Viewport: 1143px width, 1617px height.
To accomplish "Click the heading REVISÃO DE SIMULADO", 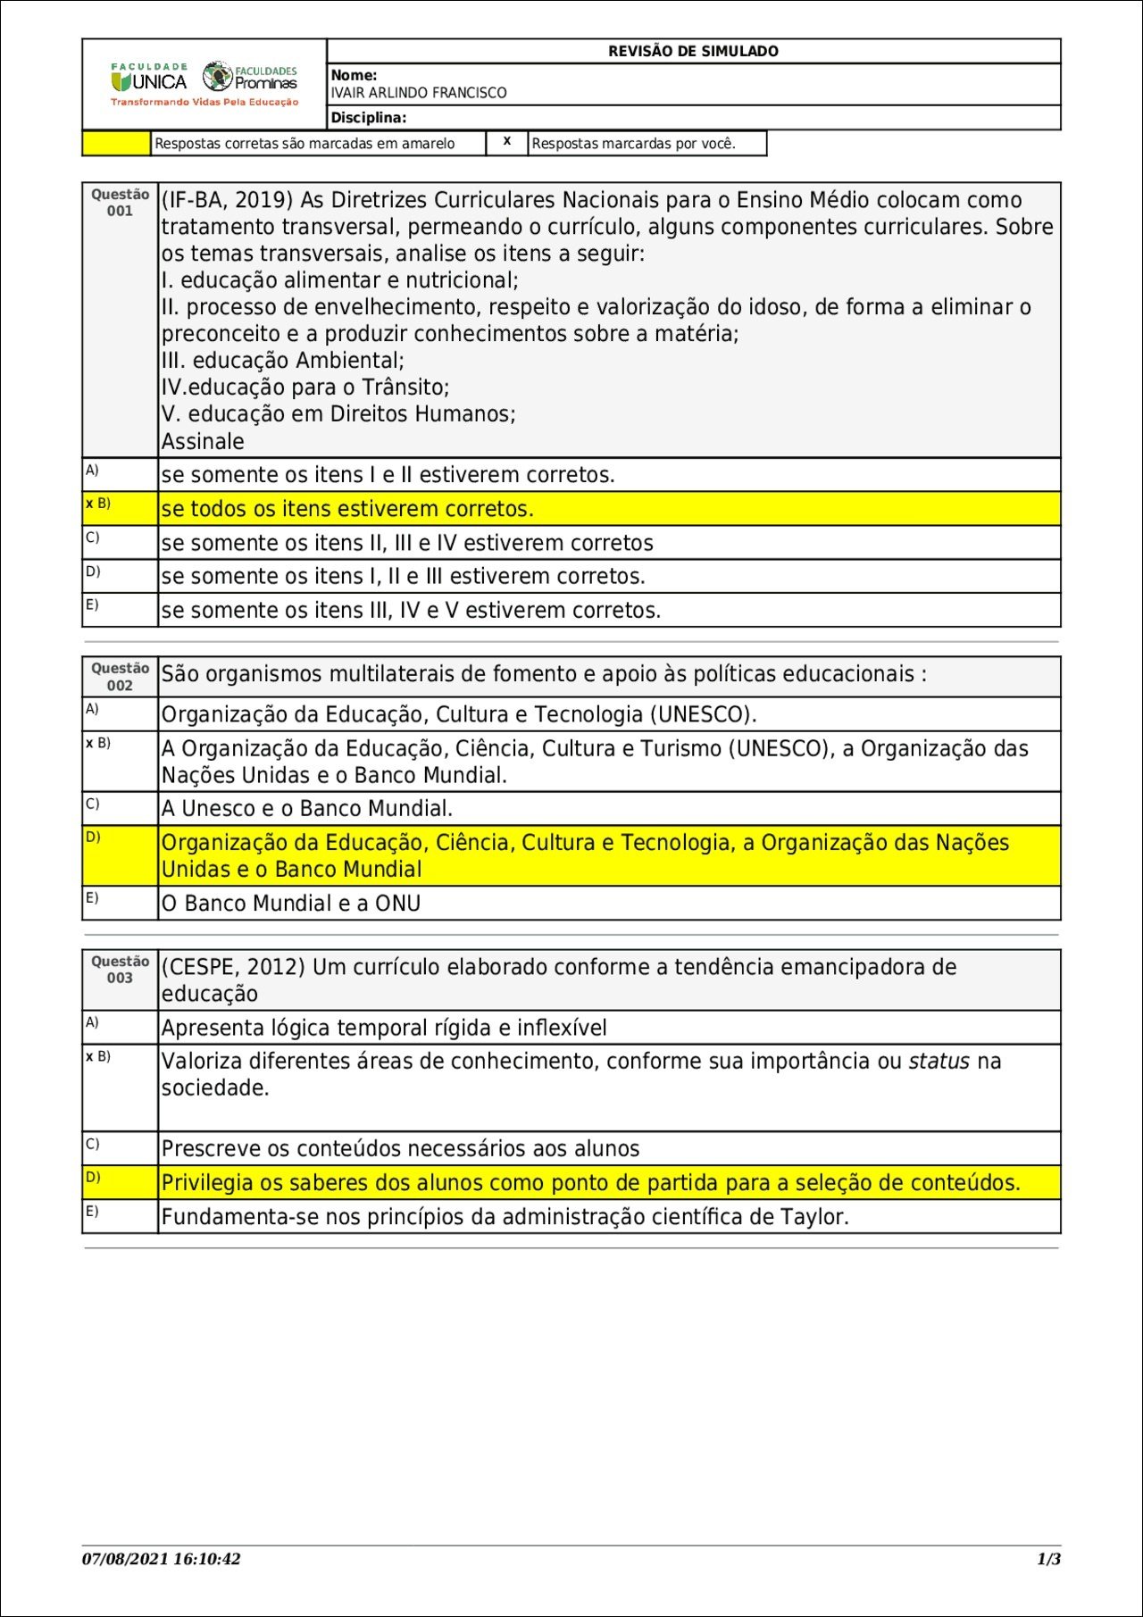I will click(x=693, y=52).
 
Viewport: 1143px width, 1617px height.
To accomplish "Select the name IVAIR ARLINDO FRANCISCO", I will click(x=418, y=93).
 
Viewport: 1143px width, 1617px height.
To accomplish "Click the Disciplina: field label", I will click(x=368, y=118).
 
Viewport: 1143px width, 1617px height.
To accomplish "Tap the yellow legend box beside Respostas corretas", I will click(x=116, y=144).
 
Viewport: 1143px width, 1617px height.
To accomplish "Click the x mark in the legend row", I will click(x=506, y=141).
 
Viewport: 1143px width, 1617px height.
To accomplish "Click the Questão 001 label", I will click(x=120, y=203).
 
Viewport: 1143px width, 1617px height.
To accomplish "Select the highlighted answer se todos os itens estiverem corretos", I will click(x=347, y=509).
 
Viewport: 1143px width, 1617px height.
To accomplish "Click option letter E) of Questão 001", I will click(x=92, y=604).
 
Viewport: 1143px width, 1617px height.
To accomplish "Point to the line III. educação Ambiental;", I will click(x=283, y=361).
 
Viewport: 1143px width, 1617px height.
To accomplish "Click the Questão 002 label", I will click(x=120, y=677).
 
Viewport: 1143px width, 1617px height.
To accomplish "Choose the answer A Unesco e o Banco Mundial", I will click(x=306, y=809).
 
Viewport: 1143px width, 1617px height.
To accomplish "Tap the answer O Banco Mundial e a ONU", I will click(x=290, y=904).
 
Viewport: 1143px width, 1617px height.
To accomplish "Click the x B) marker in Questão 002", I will click(x=98, y=743).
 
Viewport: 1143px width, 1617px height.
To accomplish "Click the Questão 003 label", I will click(x=120, y=970).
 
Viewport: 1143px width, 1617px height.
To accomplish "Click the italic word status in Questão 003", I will click(x=939, y=1062).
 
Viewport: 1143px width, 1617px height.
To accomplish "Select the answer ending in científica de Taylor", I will click(x=505, y=1217).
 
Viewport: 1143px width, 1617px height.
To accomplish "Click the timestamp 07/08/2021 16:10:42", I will click(x=162, y=1559).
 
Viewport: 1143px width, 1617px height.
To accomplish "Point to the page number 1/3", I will click(x=1048, y=1559).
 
